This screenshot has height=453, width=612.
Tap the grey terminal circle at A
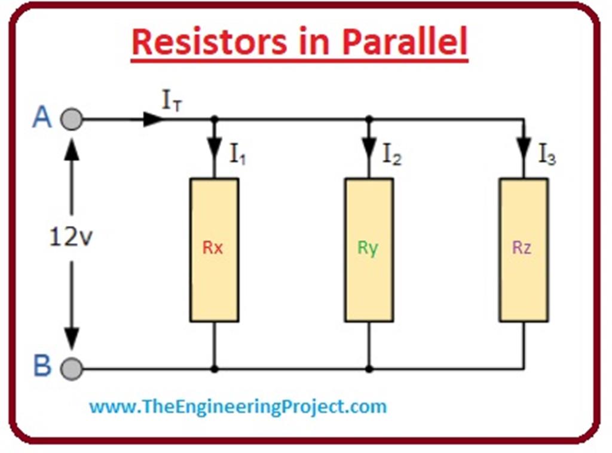(72, 119)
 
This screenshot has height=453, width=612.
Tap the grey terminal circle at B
(72, 369)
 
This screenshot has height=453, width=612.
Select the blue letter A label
(42, 118)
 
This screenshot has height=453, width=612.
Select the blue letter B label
(42, 366)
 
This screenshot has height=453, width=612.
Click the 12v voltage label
(71, 238)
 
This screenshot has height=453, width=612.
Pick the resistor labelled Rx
(214, 250)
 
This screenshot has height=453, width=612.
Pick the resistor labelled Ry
(369, 250)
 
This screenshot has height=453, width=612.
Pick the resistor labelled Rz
(524, 250)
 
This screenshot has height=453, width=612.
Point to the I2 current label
(392, 155)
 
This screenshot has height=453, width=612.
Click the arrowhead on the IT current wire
(153, 119)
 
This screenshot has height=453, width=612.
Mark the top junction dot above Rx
(214, 119)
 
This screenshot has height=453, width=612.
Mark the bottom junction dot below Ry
(369, 369)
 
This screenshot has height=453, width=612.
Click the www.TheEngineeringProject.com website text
(238, 407)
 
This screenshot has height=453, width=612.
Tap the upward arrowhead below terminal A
(72, 149)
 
